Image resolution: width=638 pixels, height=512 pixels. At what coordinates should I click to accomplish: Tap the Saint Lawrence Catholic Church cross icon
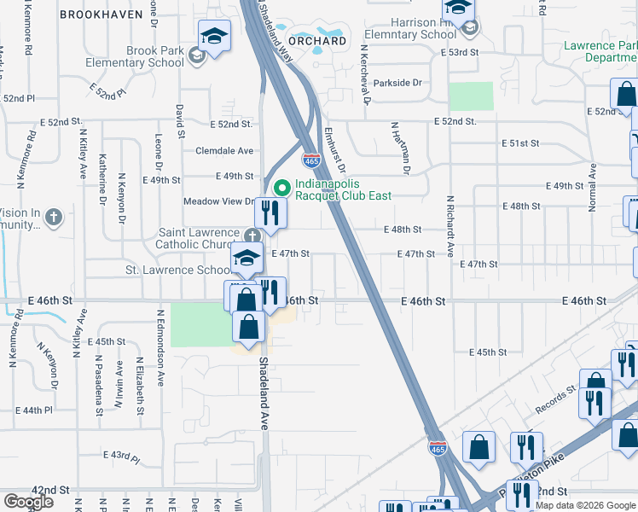click(x=252, y=235)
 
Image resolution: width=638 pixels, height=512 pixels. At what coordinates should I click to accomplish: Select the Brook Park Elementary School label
click(x=154, y=57)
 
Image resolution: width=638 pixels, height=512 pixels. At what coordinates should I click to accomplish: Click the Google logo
click(x=28, y=502)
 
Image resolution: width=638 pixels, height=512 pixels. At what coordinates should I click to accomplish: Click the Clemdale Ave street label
click(x=224, y=150)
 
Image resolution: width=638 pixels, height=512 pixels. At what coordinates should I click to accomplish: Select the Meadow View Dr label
click(x=219, y=202)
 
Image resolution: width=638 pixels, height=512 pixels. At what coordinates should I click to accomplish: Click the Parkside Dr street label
click(x=397, y=83)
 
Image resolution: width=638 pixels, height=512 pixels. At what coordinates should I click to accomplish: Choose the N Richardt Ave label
click(x=449, y=226)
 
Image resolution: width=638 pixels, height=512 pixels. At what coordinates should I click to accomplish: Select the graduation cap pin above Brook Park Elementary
click(x=214, y=37)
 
